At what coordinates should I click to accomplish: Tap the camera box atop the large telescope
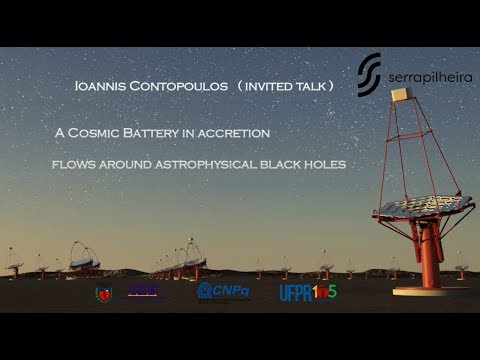[405, 94]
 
